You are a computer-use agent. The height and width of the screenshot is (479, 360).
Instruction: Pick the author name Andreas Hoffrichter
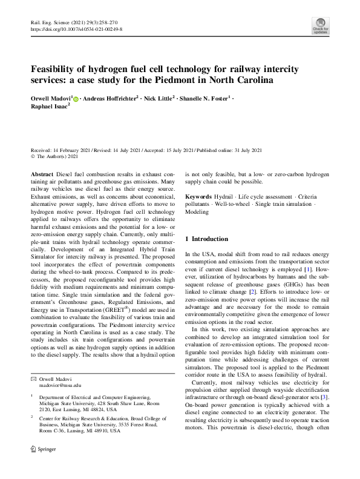pyautogui.click(x=111, y=97)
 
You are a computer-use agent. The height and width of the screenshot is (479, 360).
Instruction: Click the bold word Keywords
pyautogui.click(x=198, y=197)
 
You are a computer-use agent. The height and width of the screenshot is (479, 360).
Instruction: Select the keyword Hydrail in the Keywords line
pyautogui.click(x=226, y=197)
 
